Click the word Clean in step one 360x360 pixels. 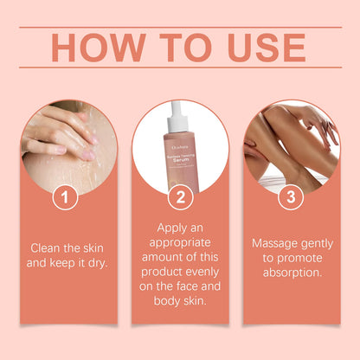(x=47, y=247)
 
